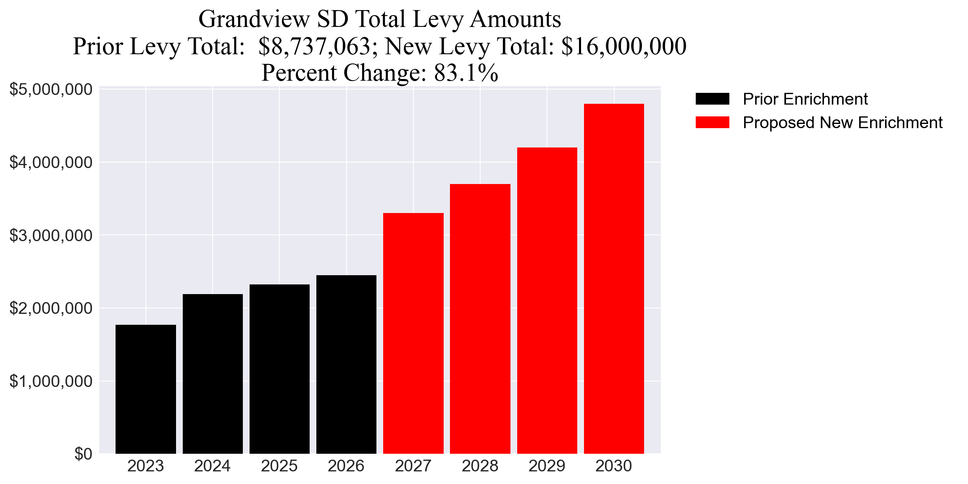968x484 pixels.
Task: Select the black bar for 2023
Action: (x=145, y=389)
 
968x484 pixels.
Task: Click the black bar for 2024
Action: (x=213, y=374)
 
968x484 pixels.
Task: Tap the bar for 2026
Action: (x=346, y=364)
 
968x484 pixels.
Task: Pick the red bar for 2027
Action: (x=413, y=333)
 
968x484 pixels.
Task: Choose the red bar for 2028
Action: (x=480, y=318)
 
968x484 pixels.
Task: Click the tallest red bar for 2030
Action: (x=614, y=279)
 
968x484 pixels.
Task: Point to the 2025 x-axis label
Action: (x=279, y=466)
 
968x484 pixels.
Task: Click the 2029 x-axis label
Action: (x=547, y=466)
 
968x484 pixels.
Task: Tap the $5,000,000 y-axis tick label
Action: (x=51, y=89)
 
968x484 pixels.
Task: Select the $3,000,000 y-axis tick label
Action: (x=51, y=235)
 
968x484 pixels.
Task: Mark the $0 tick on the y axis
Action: (x=83, y=454)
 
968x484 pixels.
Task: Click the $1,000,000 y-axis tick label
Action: (x=51, y=381)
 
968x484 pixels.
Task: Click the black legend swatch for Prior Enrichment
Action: (x=712, y=99)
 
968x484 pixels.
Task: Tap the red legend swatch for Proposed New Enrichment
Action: (x=712, y=123)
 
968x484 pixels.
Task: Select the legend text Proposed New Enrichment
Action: (x=842, y=123)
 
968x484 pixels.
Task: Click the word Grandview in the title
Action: (x=254, y=19)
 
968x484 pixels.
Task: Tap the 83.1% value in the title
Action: (x=466, y=73)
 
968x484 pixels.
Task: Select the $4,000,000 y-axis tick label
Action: (x=51, y=162)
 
